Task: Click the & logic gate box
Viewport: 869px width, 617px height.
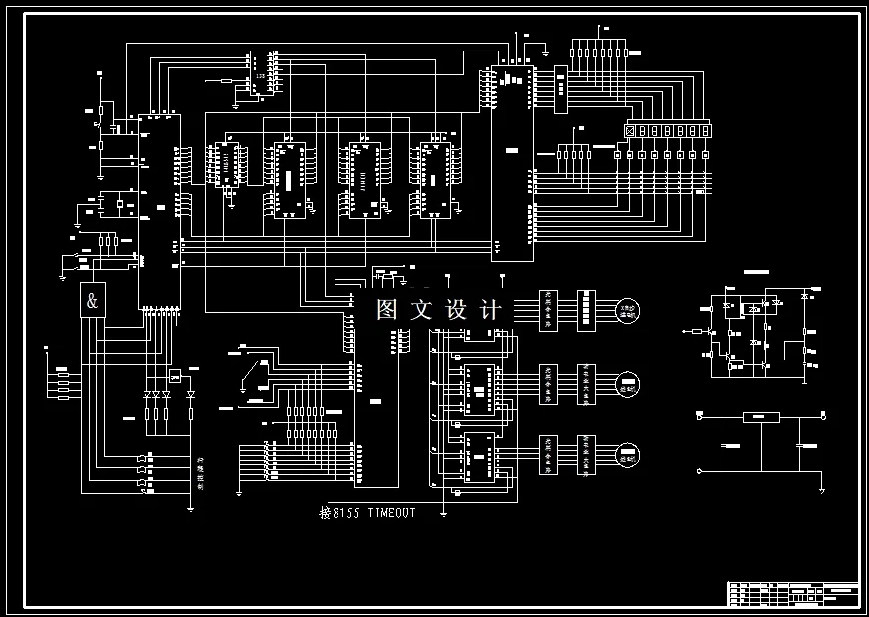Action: [92, 302]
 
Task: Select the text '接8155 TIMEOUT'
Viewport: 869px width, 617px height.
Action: [367, 513]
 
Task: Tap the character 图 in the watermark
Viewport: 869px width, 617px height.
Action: [387, 310]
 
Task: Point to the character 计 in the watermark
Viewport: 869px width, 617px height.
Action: [490, 310]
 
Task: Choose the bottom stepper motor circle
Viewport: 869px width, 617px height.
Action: [628, 456]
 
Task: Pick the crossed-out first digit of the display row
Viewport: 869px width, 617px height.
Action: [629, 130]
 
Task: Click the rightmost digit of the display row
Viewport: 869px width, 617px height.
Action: [705, 130]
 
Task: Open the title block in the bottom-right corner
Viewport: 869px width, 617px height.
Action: [793, 592]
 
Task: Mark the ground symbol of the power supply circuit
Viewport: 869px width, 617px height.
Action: [821, 489]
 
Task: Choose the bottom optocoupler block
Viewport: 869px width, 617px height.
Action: [548, 455]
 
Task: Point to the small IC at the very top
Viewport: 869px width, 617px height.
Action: [260, 73]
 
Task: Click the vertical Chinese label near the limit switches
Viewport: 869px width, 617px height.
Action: [200, 473]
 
